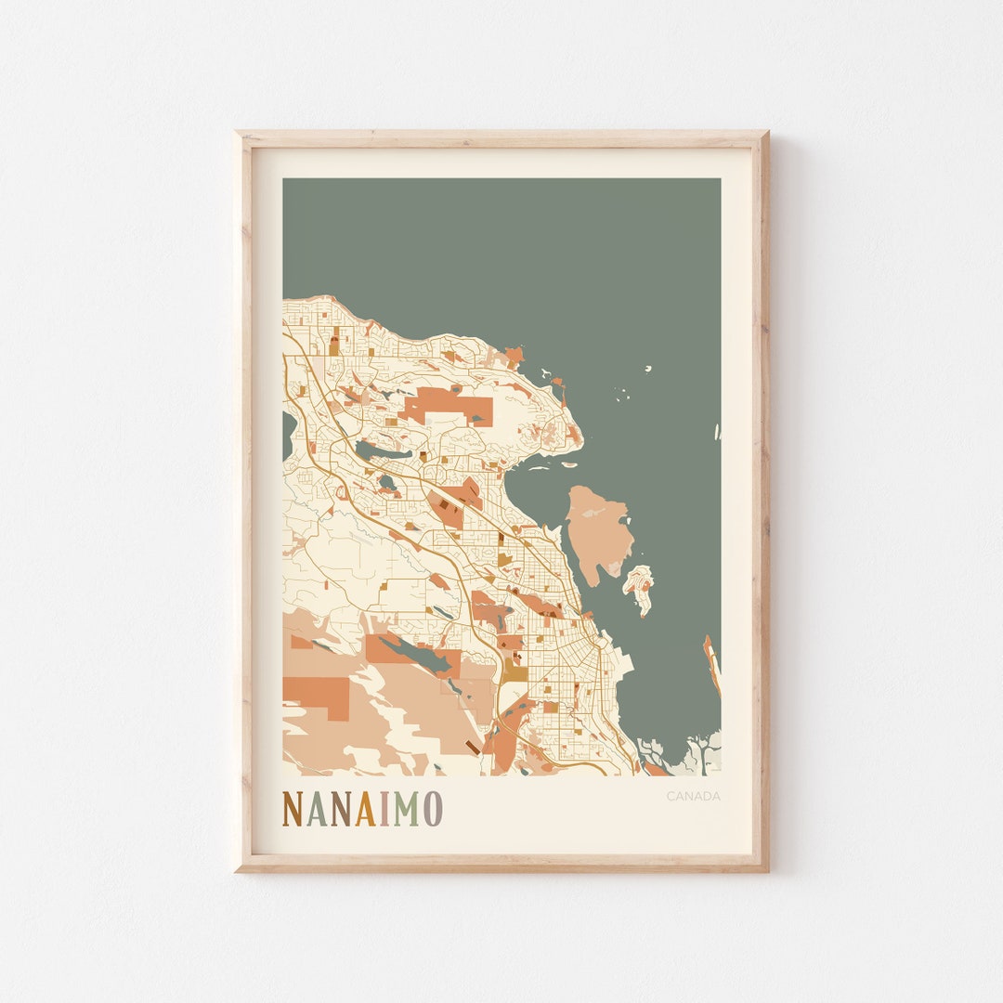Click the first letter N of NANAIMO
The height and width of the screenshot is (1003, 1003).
click(x=293, y=809)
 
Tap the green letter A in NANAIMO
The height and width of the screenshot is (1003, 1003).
click(x=317, y=809)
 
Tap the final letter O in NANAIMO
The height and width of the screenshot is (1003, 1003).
click(x=432, y=809)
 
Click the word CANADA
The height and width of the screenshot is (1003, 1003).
click(x=693, y=796)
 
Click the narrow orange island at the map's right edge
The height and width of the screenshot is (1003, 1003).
click(x=711, y=664)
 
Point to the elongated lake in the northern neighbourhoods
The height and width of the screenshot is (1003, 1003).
click(x=382, y=452)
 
